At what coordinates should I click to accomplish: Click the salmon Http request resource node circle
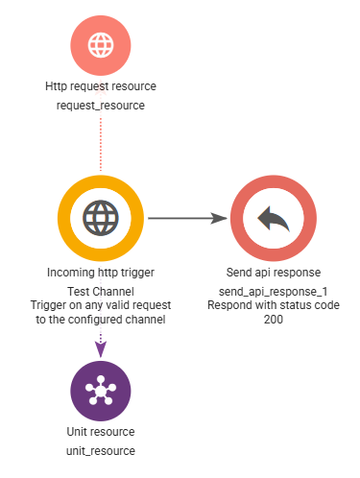(101, 45)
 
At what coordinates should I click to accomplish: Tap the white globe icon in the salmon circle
(101, 45)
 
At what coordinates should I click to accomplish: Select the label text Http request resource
(101, 86)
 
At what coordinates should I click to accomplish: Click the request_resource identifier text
(101, 106)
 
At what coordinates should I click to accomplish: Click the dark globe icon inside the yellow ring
(101, 218)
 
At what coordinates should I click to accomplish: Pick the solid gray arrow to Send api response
(187, 218)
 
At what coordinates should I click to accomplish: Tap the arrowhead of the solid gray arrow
(219, 218)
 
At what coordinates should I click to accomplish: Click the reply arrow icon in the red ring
(274, 219)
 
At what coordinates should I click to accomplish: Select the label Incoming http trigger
(101, 273)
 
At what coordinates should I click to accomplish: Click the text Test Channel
(101, 292)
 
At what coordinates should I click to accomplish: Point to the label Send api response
(274, 273)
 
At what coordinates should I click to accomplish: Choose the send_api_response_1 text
(274, 292)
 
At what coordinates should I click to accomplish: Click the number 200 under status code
(274, 320)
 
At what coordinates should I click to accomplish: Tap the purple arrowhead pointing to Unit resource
(101, 349)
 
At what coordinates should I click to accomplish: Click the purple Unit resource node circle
(101, 391)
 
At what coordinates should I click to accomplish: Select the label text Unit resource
(101, 432)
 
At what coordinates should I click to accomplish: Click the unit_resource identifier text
(101, 451)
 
